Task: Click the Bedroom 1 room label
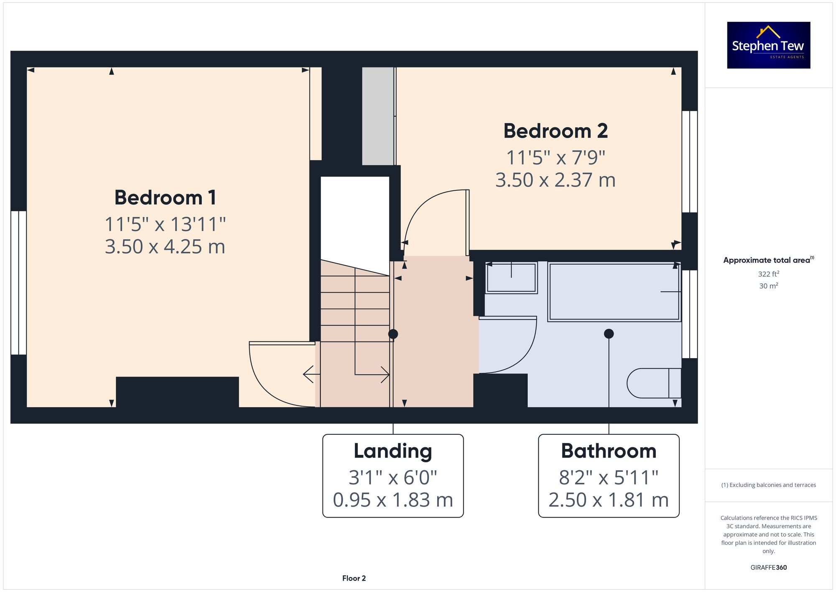165,197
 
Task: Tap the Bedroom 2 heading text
555,131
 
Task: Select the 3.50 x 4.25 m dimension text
165,246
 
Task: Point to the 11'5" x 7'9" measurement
555,158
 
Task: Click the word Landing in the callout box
393,451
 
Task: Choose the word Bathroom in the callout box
608,451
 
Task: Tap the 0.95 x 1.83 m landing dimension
393,500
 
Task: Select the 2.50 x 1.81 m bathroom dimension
608,500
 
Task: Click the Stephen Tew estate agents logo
768,45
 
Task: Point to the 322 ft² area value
768,274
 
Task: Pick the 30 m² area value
768,286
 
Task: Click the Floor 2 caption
354,578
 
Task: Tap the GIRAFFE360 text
768,568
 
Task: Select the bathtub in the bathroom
614,292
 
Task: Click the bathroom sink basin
511,278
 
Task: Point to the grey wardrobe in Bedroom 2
378,116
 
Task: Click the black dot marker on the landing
393,334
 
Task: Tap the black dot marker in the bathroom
609,333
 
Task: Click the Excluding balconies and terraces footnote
768,485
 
